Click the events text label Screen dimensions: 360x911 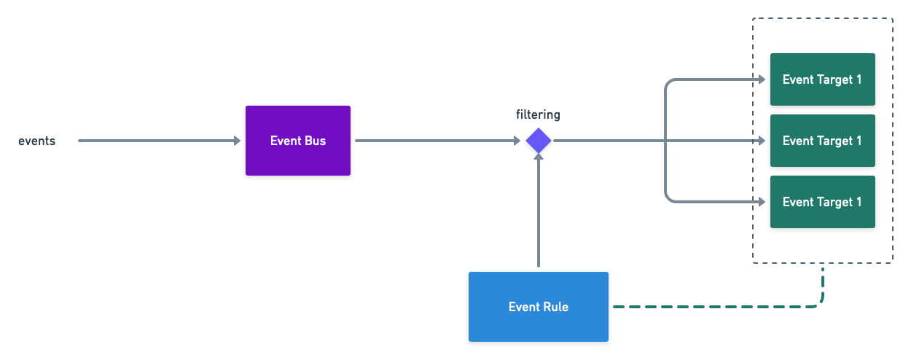pos(36,141)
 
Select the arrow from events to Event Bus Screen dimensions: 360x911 pos(157,141)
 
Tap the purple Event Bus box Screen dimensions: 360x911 pos(297,141)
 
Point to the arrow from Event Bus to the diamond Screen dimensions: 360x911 pos(437,141)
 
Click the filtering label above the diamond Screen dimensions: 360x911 pos(538,114)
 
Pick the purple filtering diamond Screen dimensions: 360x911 pos(539,141)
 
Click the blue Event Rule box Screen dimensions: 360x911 pos(538,307)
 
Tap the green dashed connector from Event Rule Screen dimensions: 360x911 pos(714,307)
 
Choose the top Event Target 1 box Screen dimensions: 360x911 pos(822,79)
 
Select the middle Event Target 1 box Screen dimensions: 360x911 pos(822,141)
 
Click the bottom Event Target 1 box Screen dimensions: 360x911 pos(822,202)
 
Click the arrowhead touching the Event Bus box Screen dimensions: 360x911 pos(237,141)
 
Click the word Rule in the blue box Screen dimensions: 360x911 pos(555,307)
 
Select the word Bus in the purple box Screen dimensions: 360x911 pos(315,141)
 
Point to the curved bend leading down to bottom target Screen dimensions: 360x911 pos(668,197)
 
